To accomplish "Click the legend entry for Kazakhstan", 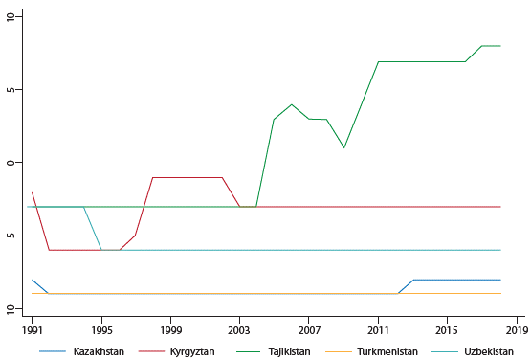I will (100, 351).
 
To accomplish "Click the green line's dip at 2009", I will (343, 147).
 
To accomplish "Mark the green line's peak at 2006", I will (292, 104).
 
